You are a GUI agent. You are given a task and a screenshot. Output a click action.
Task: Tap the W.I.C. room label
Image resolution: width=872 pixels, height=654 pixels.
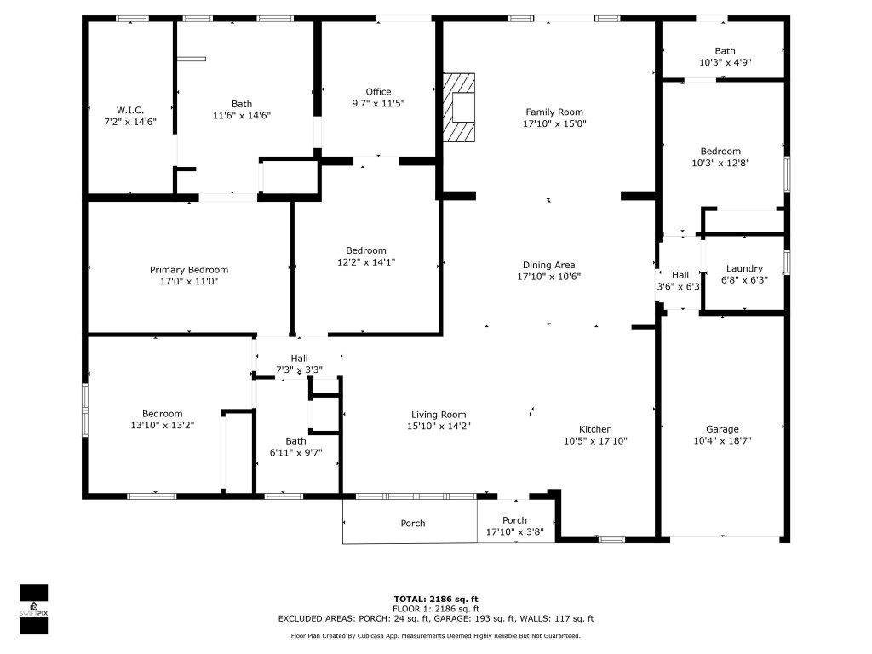point(129,110)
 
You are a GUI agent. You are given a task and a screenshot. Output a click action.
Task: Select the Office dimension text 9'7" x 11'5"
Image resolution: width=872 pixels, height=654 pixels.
point(378,103)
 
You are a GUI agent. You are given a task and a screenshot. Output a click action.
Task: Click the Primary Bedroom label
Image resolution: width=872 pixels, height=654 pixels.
point(189,270)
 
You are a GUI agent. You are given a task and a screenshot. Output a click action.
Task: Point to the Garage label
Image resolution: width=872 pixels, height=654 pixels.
point(722,429)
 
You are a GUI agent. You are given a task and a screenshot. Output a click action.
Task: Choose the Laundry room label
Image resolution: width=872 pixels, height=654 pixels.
point(743,268)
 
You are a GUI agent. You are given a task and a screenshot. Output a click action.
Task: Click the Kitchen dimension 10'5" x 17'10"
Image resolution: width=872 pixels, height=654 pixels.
point(595,441)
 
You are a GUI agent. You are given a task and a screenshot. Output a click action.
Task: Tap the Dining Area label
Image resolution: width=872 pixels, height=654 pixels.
point(548,265)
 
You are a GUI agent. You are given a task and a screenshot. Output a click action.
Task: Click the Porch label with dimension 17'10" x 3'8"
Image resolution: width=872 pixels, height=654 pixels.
point(514,520)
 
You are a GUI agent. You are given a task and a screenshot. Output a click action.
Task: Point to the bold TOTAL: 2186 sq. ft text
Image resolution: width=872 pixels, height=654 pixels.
point(436,599)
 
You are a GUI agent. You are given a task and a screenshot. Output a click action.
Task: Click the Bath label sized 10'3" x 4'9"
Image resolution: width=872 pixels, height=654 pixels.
point(725,51)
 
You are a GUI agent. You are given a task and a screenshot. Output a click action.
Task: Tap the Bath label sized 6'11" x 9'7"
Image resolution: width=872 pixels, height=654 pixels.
point(295,441)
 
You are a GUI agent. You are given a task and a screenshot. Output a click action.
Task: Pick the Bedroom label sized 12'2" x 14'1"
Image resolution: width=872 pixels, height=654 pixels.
point(366,250)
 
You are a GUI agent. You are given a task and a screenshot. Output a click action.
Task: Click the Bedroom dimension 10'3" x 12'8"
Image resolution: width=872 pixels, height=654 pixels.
point(725,163)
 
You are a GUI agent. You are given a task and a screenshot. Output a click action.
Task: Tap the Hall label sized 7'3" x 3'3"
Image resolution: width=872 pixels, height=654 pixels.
point(299,359)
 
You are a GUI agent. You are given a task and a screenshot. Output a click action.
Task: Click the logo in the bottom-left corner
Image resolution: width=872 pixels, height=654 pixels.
point(33,610)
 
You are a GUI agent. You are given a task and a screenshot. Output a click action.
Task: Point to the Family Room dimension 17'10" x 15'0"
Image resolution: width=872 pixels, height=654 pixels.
point(554,123)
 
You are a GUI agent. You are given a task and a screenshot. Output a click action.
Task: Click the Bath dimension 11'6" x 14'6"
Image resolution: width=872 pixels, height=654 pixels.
point(242,115)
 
